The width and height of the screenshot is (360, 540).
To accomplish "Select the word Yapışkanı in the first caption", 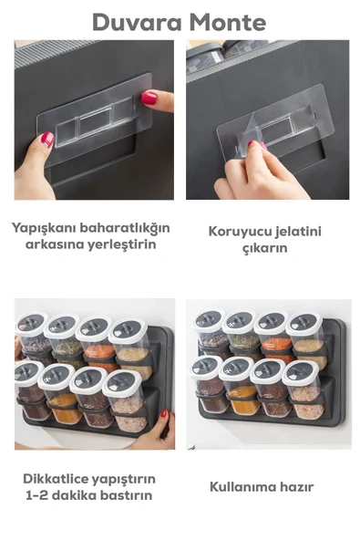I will coord(45,227).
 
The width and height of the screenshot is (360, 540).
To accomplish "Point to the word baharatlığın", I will coord(125,227).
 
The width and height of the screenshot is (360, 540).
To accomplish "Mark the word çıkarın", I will coord(265,248).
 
